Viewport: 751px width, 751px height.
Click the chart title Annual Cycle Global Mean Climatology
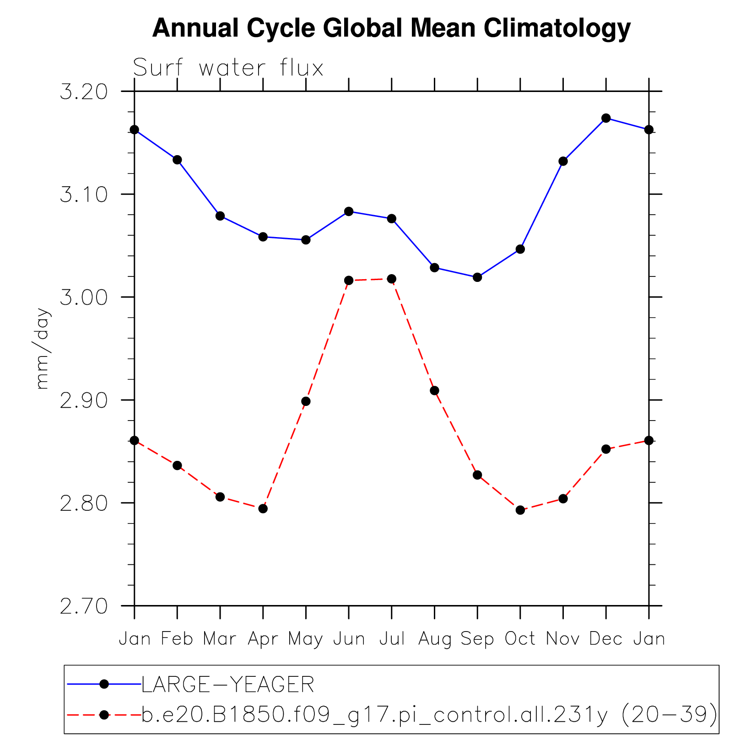point(391,28)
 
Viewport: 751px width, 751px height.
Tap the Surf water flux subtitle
point(228,68)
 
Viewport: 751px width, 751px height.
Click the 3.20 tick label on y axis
point(84,92)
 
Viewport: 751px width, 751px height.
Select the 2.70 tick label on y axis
point(84,606)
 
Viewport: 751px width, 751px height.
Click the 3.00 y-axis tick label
point(84,298)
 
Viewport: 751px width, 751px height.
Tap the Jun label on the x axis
point(349,638)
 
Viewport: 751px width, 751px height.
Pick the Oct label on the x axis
point(520,638)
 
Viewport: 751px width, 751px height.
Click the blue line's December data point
point(606,118)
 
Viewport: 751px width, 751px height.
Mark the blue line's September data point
point(477,277)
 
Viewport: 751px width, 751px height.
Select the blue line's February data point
point(177,160)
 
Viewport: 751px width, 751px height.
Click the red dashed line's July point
point(392,279)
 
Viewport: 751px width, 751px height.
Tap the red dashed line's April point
point(263,508)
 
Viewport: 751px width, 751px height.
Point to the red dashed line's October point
point(520,510)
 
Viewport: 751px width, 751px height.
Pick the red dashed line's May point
point(306,401)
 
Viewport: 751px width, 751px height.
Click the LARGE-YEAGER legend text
point(228,685)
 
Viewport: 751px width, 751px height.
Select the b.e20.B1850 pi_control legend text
point(429,715)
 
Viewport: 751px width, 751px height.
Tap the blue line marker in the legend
point(104,684)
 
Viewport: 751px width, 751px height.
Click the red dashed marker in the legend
point(104,714)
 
